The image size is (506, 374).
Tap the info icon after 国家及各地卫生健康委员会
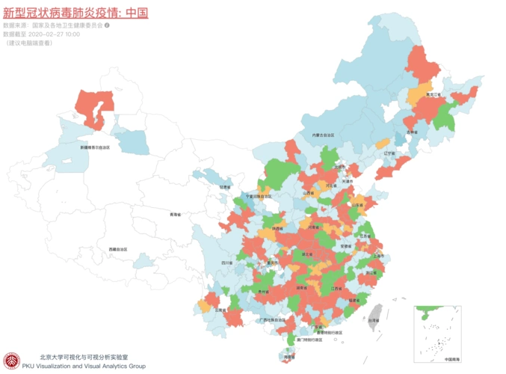tap(108, 25)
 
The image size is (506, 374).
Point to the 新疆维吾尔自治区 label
tap(95, 147)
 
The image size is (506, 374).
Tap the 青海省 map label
tap(176, 215)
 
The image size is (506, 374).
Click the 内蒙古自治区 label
tap(327, 135)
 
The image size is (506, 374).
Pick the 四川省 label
tap(226, 263)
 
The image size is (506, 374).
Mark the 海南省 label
tap(289, 358)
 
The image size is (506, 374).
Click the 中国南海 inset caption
tap(453, 359)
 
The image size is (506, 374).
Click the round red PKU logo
tap(11, 361)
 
